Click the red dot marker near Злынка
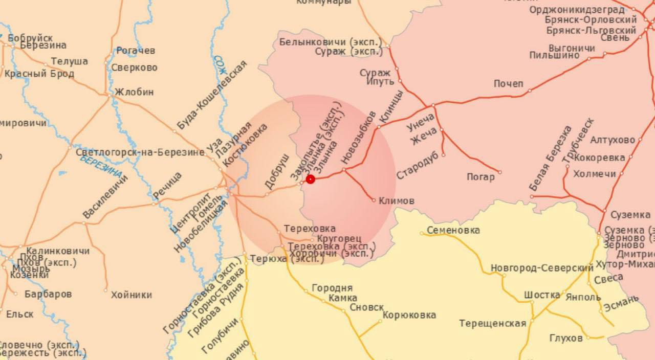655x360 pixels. click(310, 179)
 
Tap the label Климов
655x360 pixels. click(396, 201)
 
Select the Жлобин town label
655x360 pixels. click(134, 93)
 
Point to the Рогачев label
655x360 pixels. click(136, 51)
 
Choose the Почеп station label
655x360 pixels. click(508, 84)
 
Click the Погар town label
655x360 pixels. click(481, 177)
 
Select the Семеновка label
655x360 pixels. click(453, 230)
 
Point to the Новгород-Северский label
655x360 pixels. click(542, 268)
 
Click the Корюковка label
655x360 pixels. click(409, 315)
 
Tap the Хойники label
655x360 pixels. click(132, 295)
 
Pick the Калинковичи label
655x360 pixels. click(58, 251)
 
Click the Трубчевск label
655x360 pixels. click(578, 140)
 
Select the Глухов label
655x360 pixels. click(566, 338)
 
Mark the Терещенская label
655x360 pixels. click(492, 323)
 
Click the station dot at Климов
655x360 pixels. click(374, 200)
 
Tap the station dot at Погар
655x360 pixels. click(500, 172)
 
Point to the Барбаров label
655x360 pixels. click(48, 294)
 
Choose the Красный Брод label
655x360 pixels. click(39, 74)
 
